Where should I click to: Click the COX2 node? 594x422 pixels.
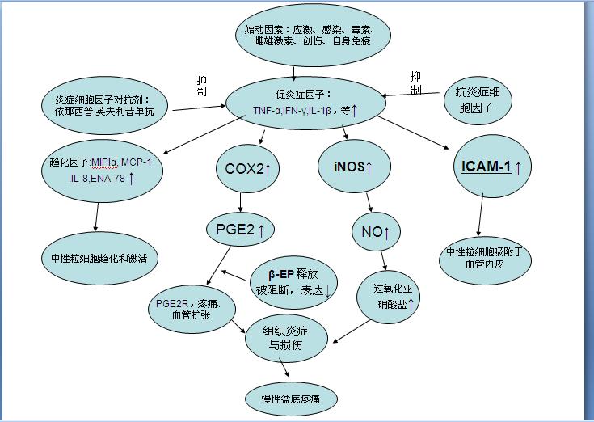pyautogui.click(x=247, y=168)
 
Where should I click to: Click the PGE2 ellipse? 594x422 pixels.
pyautogui.click(x=240, y=230)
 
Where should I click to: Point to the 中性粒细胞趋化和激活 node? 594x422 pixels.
pyautogui.click(x=99, y=258)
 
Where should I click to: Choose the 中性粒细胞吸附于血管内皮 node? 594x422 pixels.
pyautogui.click(x=485, y=258)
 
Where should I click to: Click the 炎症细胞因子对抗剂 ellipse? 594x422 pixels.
pyautogui.click(x=104, y=104)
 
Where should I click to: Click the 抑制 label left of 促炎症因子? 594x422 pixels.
pyautogui.click(x=201, y=86)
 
